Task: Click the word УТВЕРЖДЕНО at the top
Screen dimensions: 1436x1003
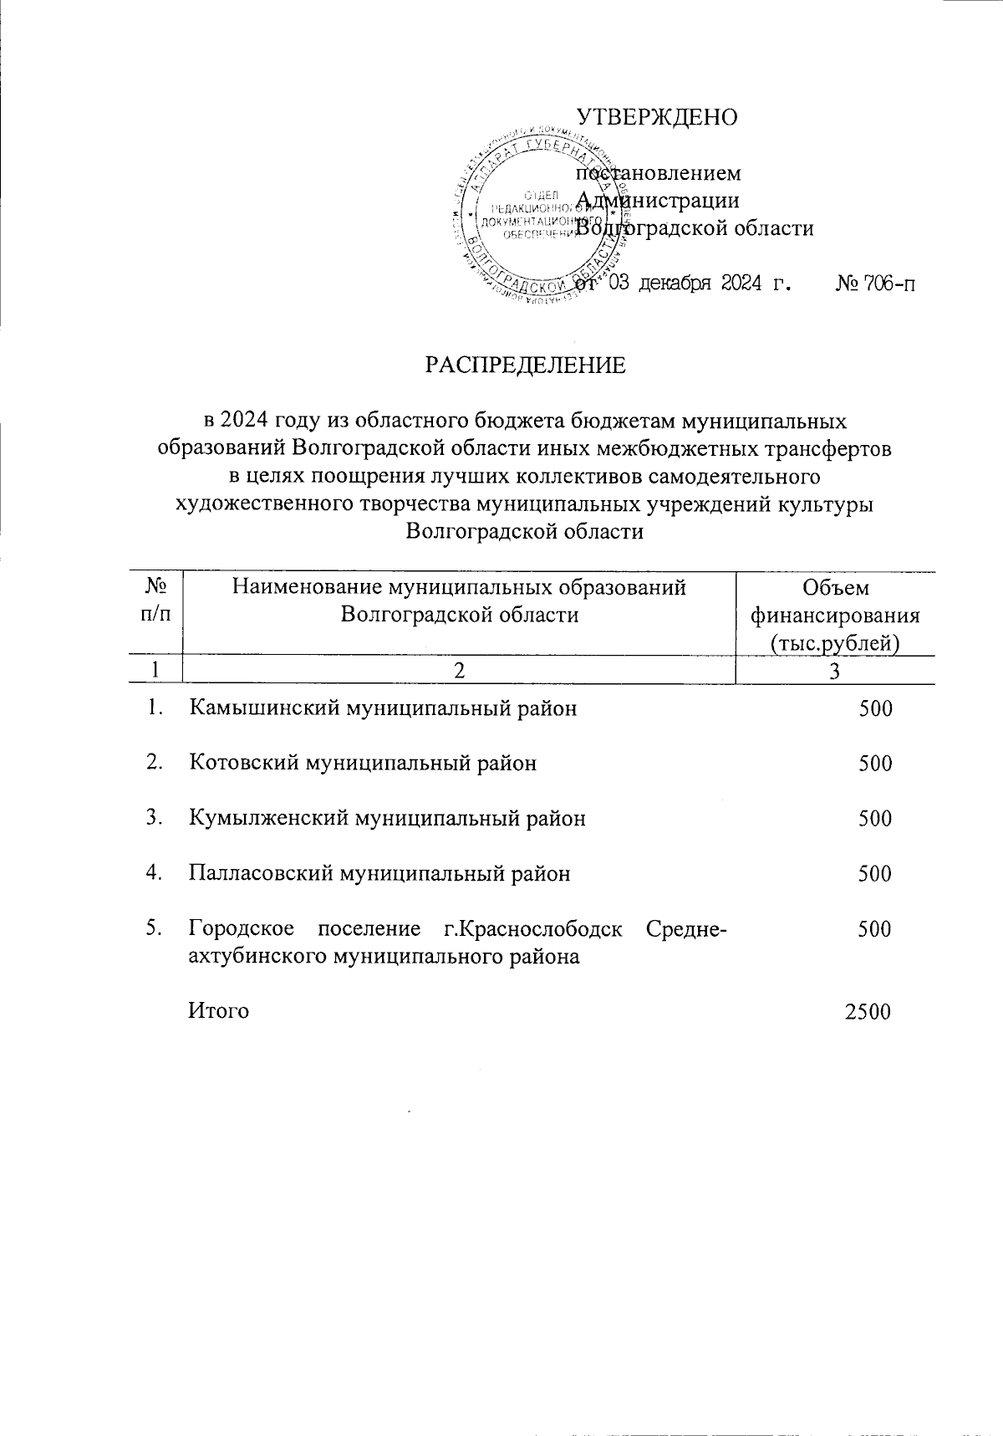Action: [x=658, y=116]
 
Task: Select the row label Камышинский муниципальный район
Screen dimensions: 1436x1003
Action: [x=383, y=708]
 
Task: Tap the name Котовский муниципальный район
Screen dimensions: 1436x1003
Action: [x=363, y=763]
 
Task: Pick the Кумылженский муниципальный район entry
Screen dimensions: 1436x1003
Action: [x=387, y=818]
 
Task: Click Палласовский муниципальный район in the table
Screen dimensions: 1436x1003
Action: [x=379, y=873]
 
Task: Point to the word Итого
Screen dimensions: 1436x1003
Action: [x=219, y=1010]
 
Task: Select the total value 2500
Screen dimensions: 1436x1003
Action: [x=868, y=1011]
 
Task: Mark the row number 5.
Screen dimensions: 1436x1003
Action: [x=153, y=928]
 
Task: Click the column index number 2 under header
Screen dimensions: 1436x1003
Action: [x=458, y=671]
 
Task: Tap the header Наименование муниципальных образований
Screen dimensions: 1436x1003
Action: [x=458, y=588]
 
